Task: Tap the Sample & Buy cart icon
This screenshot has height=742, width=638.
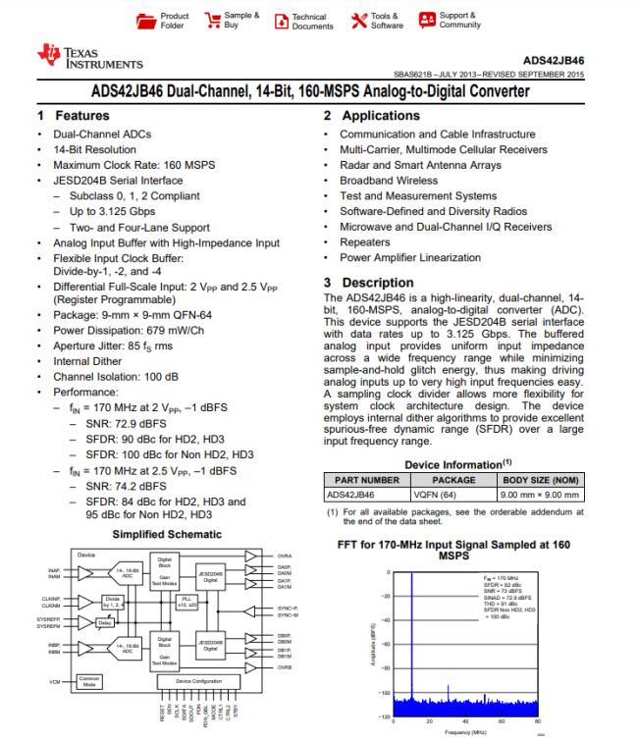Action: click(210, 21)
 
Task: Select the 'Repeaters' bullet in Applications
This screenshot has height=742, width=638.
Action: click(364, 242)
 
